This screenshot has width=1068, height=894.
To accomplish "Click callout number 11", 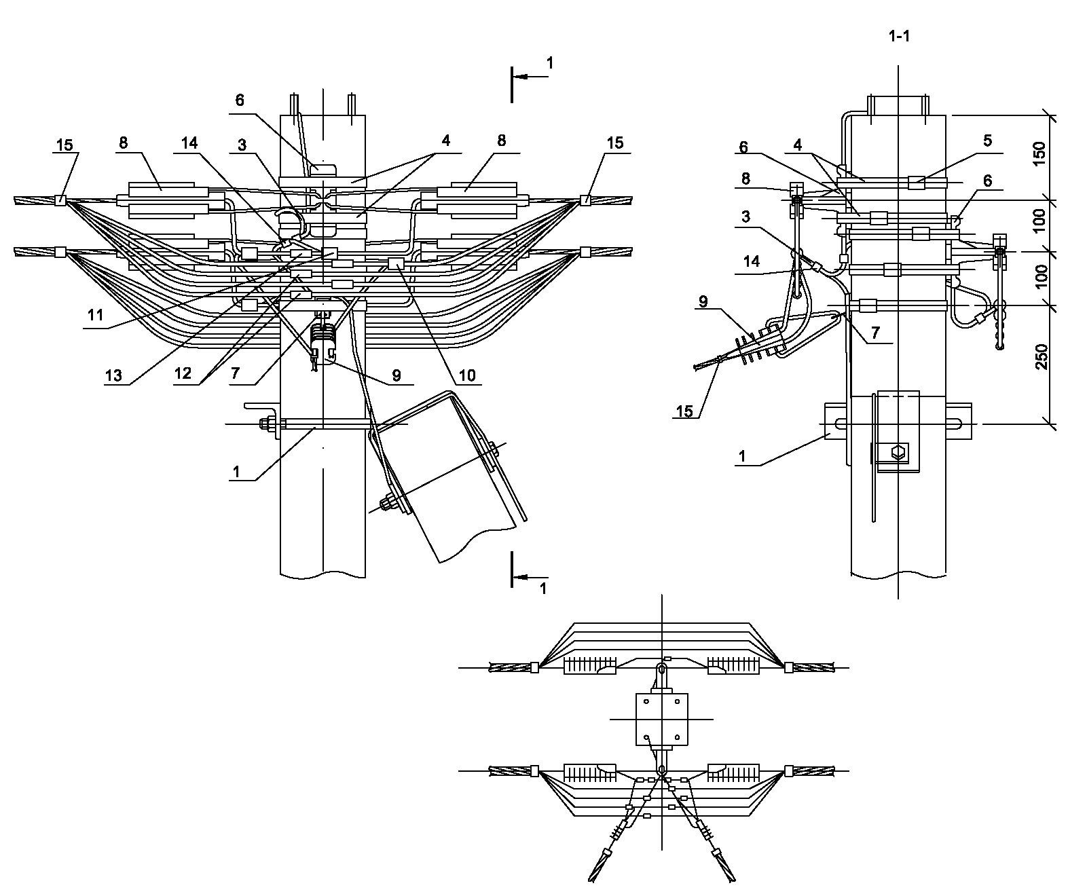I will click(x=95, y=315).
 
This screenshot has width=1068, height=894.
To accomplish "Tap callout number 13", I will click(x=113, y=375).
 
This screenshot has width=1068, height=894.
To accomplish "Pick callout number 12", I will click(x=181, y=374).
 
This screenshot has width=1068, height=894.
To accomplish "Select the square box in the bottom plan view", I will click(x=661, y=718).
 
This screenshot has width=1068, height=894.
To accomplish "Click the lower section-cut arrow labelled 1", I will click(x=529, y=577).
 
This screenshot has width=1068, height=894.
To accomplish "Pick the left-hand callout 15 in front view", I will click(x=65, y=143).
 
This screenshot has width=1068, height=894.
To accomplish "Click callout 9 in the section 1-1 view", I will click(x=703, y=301).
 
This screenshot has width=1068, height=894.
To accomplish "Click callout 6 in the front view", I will click(x=239, y=100).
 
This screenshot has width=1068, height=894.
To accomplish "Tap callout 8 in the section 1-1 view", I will click(x=745, y=179).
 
